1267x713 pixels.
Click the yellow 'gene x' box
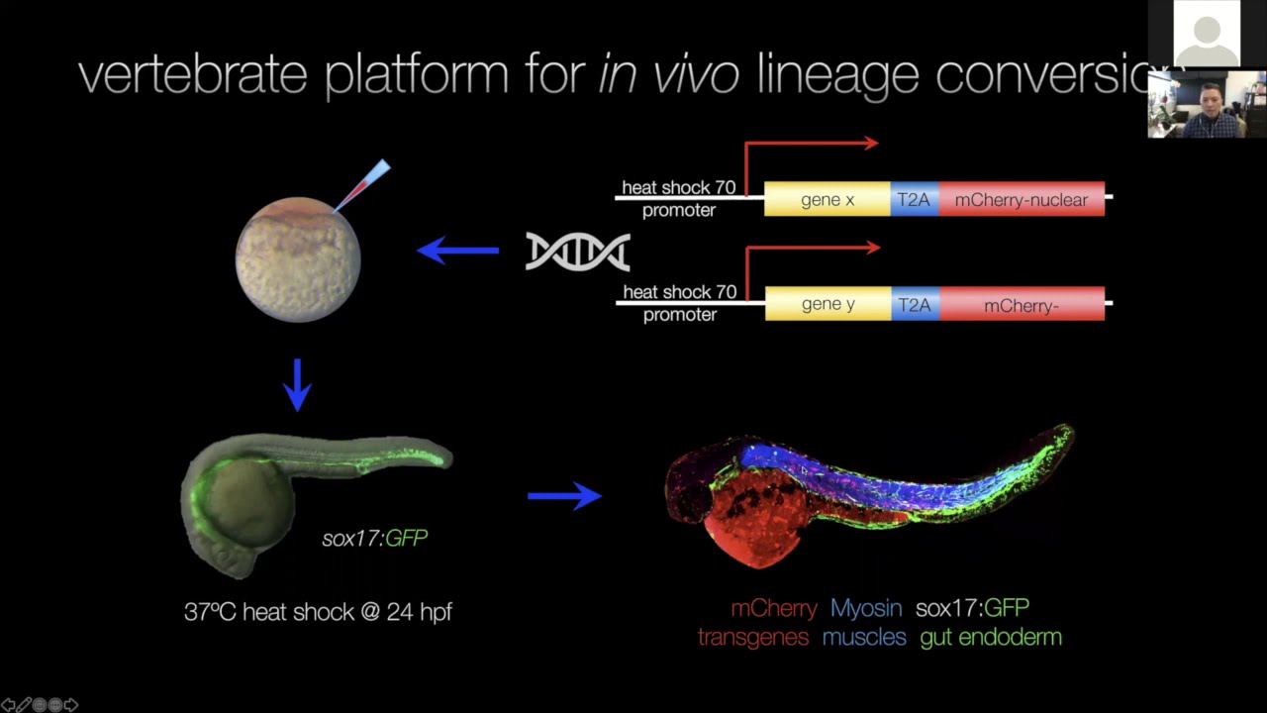point(828,199)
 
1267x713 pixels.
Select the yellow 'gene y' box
point(828,304)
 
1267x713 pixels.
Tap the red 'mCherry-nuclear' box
point(1021,199)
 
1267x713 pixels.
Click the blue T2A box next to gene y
point(914,304)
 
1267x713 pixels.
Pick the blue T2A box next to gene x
point(914,199)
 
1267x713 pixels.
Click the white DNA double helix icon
point(578,252)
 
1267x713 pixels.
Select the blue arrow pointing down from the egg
point(297,384)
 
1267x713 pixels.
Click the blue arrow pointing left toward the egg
point(458,251)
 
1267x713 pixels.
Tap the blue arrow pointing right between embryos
point(564,495)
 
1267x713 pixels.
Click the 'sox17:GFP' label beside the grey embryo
point(374,538)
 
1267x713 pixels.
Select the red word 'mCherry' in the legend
point(774,608)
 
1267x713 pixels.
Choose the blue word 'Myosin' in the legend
point(866,608)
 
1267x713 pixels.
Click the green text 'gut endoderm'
point(991,637)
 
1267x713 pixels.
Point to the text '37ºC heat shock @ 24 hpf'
point(318,612)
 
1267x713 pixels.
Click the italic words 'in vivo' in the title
point(668,75)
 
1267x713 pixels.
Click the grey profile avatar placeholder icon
point(1207,35)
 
